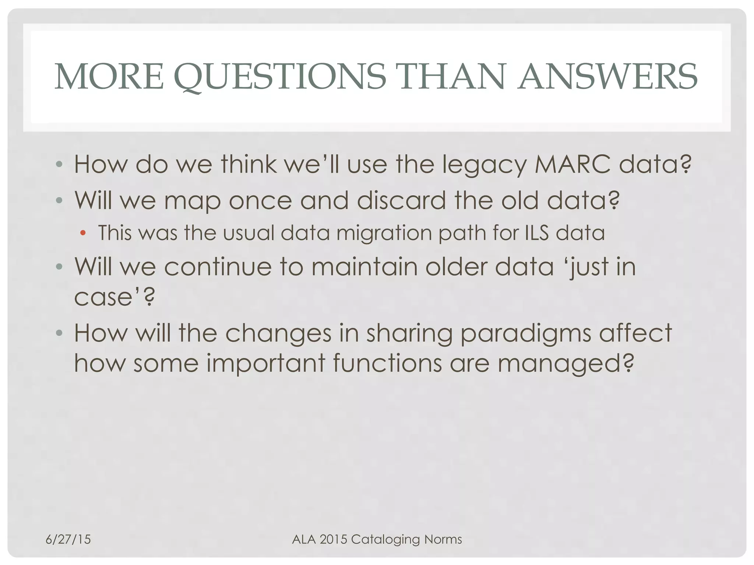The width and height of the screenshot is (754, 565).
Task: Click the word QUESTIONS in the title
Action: (x=280, y=77)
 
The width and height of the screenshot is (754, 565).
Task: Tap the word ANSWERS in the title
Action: (x=607, y=77)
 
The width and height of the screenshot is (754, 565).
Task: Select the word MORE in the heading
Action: (x=109, y=77)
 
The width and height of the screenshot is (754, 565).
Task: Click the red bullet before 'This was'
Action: (x=83, y=232)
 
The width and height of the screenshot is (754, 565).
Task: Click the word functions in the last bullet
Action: (x=387, y=363)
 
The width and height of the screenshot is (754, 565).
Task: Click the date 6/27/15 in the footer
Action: (x=68, y=539)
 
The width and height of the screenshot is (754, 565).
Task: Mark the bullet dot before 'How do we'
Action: (x=59, y=164)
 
